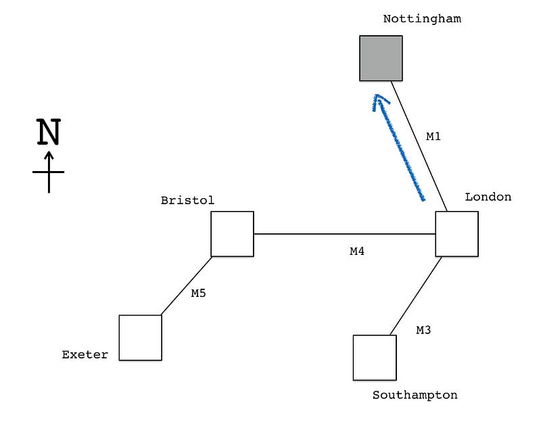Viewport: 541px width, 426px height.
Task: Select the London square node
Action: [456, 234]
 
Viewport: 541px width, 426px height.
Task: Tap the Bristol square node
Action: [232, 234]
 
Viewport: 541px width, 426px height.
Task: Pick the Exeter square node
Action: [141, 337]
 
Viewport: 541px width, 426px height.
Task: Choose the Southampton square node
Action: [375, 358]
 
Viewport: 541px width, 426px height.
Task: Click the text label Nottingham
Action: [422, 19]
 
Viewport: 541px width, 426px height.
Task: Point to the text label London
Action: [488, 197]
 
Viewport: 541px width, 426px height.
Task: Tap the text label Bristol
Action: [187, 200]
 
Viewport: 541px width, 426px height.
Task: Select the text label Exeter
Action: [85, 354]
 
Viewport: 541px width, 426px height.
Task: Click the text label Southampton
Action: [415, 395]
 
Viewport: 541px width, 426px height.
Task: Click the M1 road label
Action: [433, 137]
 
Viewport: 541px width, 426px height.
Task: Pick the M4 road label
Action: [357, 252]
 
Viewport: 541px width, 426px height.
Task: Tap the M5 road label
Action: [198, 293]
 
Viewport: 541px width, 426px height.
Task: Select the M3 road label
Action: [423, 331]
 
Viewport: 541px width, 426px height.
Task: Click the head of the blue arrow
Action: [379, 100]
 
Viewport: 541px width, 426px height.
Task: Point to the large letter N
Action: [48, 133]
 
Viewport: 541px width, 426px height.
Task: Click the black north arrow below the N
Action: [49, 172]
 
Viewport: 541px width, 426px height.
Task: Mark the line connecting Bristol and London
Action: [344, 234]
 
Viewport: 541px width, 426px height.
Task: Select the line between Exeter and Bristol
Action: [187, 286]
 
